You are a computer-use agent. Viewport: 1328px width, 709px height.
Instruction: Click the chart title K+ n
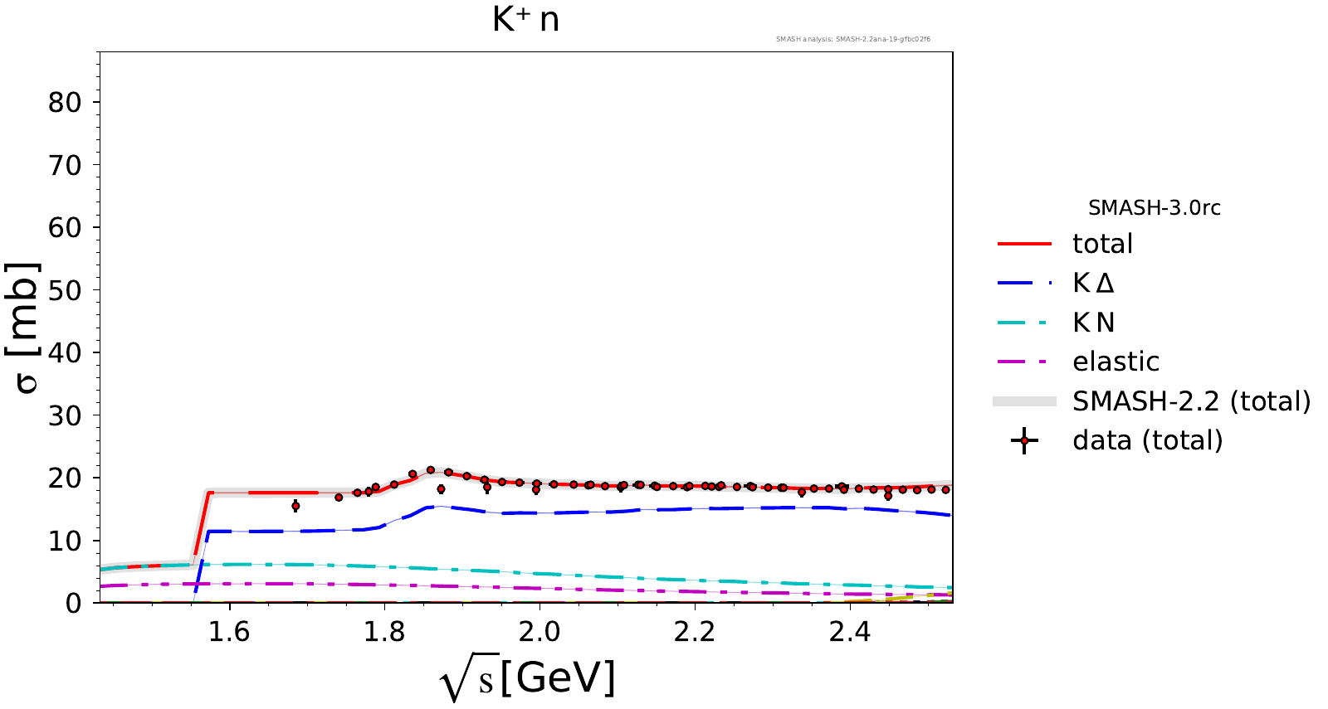(x=525, y=19)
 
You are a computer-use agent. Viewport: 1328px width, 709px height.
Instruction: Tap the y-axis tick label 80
(x=64, y=103)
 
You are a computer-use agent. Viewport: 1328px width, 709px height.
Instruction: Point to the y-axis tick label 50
(x=64, y=291)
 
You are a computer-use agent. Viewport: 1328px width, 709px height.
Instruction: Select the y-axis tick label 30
(x=64, y=416)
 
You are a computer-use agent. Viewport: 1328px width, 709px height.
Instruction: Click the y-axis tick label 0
(x=74, y=604)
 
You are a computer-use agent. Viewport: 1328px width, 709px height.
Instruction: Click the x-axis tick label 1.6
(x=228, y=632)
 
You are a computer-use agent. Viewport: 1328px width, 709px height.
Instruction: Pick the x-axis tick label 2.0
(x=539, y=632)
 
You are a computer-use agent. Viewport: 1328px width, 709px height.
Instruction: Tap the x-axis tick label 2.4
(x=850, y=632)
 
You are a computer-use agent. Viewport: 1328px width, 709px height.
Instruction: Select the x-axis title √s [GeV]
(x=528, y=679)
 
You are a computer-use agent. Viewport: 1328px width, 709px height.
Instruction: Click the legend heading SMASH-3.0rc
(x=1154, y=208)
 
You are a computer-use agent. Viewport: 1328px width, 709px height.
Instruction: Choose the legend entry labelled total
(x=1102, y=244)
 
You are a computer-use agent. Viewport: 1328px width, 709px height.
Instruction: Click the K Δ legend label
(x=1093, y=284)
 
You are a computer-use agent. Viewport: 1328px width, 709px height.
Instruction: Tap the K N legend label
(x=1093, y=323)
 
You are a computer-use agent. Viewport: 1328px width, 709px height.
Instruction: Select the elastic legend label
(x=1116, y=362)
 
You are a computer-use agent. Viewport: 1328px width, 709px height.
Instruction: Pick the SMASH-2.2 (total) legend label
(x=1191, y=401)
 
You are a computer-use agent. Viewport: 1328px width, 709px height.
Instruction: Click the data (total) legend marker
(x=1024, y=441)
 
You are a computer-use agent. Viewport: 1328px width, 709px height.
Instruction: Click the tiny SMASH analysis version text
(x=852, y=39)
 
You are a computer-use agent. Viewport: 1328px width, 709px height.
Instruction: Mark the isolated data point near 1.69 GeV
(x=295, y=506)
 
